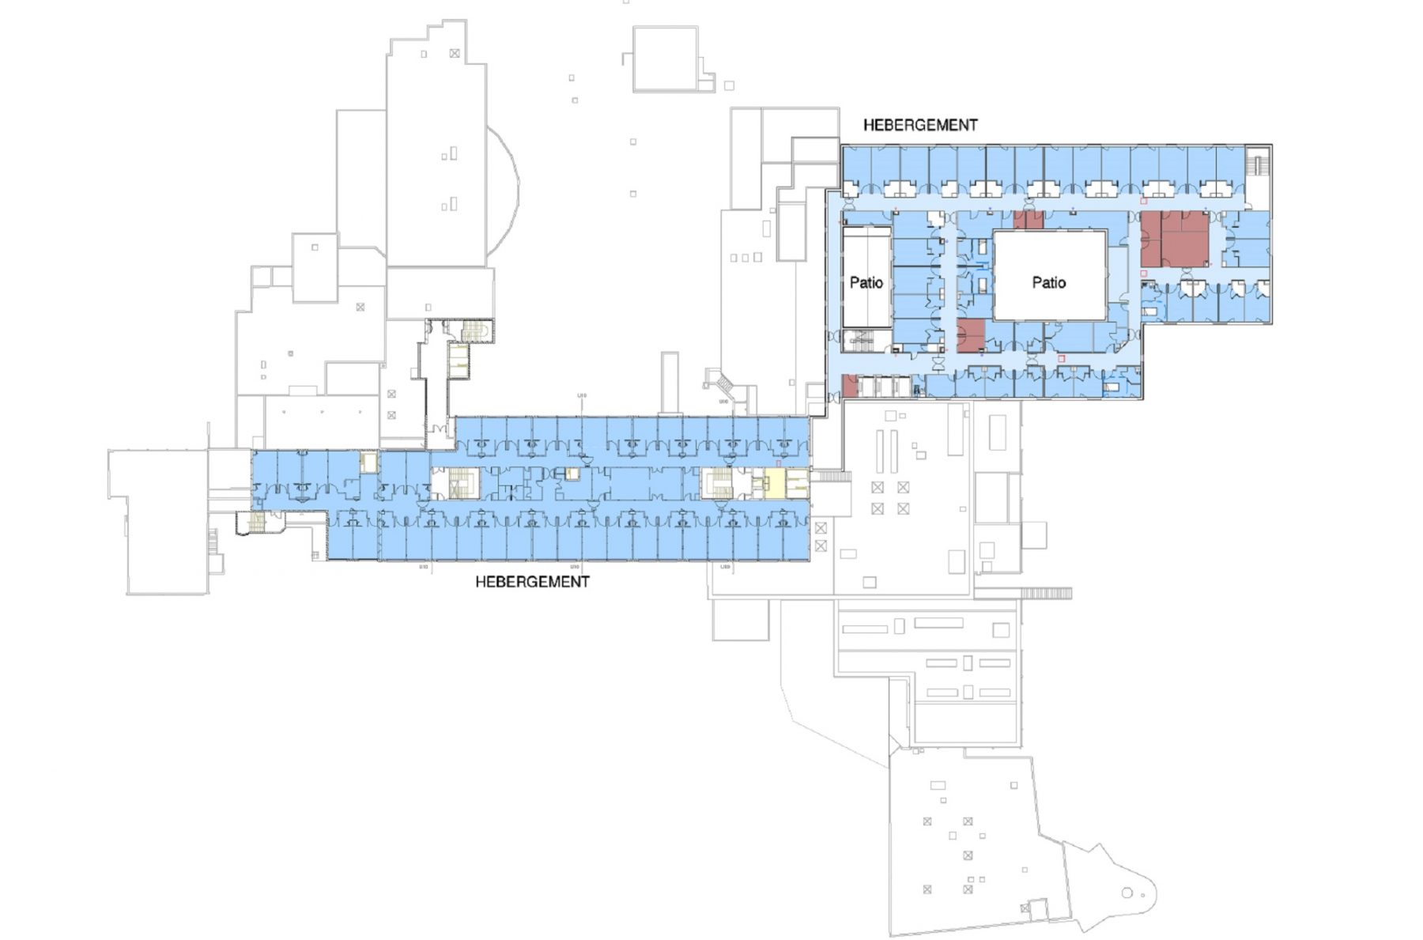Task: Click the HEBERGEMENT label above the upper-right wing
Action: click(919, 125)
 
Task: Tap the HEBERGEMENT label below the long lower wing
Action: click(532, 582)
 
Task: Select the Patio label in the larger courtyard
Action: click(1048, 282)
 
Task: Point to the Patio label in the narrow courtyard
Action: click(866, 282)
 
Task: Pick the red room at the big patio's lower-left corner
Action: click(970, 335)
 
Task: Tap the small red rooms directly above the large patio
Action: click(1029, 220)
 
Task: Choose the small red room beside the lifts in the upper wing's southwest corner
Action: click(850, 386)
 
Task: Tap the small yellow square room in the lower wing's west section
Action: click(368, 462)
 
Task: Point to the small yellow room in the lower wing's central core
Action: click(572, 474)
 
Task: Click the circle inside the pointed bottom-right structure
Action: click(1127, 893)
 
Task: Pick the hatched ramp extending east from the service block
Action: click(1045, 593)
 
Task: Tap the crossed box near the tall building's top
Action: click(455, 54)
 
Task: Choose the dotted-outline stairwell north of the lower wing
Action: click(473, 330)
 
